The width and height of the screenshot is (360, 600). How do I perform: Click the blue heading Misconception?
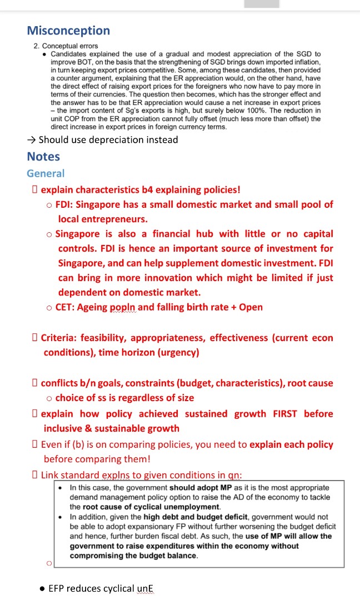68,31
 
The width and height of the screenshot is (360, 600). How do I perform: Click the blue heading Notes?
43,157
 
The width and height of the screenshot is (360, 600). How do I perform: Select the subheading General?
46,174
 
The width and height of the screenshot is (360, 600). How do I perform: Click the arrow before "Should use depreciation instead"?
32,139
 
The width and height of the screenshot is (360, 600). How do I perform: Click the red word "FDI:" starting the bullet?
67,204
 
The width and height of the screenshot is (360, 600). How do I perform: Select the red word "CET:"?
67,307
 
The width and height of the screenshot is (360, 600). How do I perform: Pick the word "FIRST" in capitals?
284,414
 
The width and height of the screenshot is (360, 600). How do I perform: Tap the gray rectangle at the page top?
262,4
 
